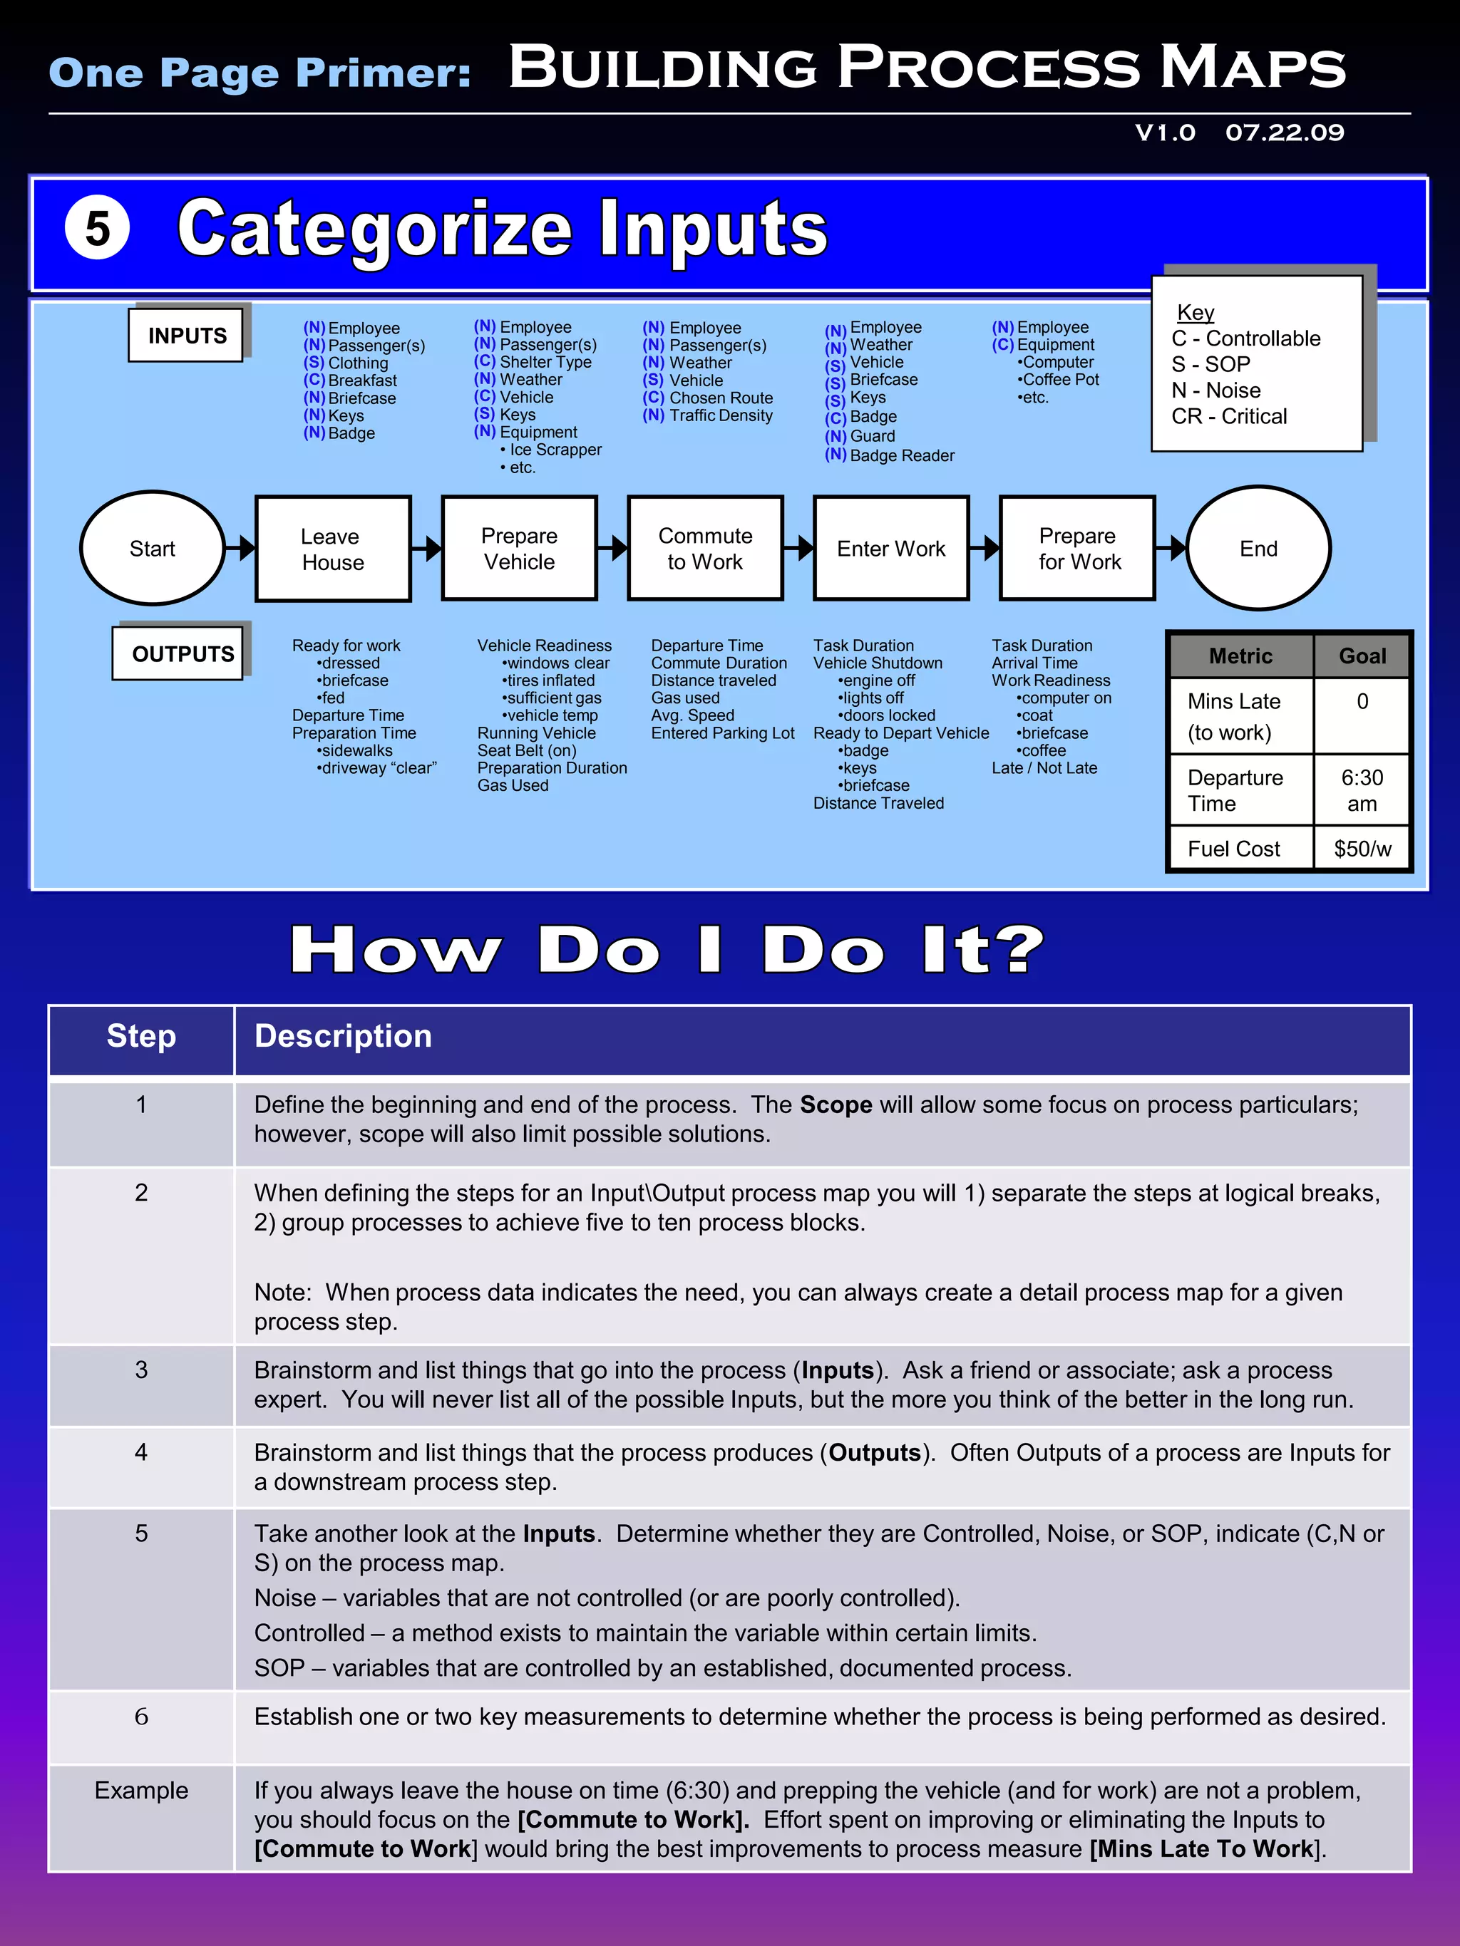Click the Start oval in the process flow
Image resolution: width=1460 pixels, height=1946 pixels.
coord(153,548)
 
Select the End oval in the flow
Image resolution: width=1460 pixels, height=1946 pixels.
coord(1258,548)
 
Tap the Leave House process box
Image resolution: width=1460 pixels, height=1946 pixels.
coord(333,549)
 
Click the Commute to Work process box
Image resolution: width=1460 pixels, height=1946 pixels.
coord(705,548)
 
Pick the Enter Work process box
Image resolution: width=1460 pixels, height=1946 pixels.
coord(890,548)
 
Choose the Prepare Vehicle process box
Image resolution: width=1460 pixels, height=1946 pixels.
coord(519,548)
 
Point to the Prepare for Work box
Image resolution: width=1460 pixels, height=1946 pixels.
coord(1077,548)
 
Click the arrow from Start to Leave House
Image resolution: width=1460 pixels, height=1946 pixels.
coord(240,548)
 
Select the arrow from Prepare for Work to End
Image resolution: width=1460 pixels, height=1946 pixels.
coord(1171,548)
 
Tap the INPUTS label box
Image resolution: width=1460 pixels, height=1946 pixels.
coord(187,335)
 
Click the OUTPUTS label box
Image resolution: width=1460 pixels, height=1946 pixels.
coord(183,653)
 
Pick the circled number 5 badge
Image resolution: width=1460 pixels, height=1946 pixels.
coord(98,227)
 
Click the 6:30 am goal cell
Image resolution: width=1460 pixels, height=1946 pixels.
coord(1362,790)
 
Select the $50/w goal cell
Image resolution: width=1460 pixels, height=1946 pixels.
coord(1362,849)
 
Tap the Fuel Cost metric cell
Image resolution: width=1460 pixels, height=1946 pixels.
coord(1234,849)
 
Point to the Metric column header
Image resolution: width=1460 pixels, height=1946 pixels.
coord(1240,656)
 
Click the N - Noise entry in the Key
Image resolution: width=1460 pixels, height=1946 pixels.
coord(1215,390)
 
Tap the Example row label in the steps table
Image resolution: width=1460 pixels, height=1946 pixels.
coord(141,1790)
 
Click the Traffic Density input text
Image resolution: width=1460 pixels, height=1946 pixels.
coord(720,415)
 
